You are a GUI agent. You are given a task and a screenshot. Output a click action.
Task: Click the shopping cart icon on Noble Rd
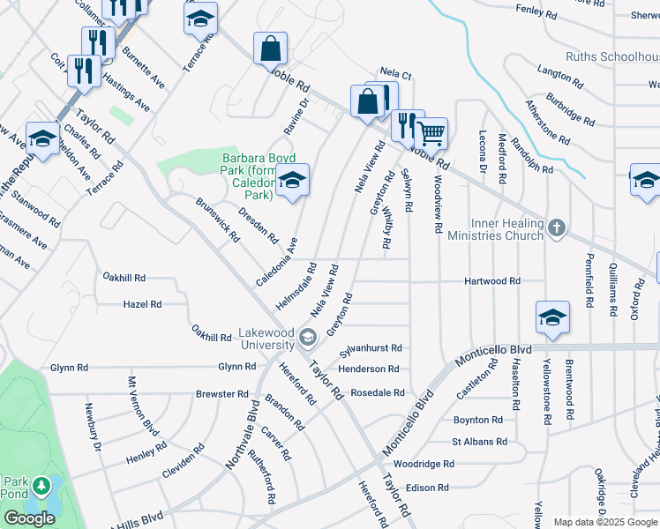(x=431, y=133)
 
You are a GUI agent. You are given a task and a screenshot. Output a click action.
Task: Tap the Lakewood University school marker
(x=308, y=336)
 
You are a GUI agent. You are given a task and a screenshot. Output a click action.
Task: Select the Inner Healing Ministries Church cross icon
(x=556, y=228)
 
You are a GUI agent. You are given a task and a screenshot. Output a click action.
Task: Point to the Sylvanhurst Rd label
(x=371, y=348)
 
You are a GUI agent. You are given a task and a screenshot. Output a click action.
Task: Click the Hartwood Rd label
(x=492, y=281)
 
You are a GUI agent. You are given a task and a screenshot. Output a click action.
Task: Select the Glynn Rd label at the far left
(x=68, y=368)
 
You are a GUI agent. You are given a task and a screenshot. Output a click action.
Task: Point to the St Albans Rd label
(x=479, y=442)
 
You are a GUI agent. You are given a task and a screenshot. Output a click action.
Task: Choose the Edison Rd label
(x=427, y=488)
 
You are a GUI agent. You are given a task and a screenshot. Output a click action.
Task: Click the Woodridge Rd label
(x=424, y=464)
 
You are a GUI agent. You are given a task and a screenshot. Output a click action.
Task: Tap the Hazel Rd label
(x=143, y=304)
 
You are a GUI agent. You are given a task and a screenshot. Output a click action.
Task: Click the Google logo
(x=29, y=518)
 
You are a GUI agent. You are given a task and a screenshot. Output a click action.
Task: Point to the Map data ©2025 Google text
(x=605, y=522)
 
